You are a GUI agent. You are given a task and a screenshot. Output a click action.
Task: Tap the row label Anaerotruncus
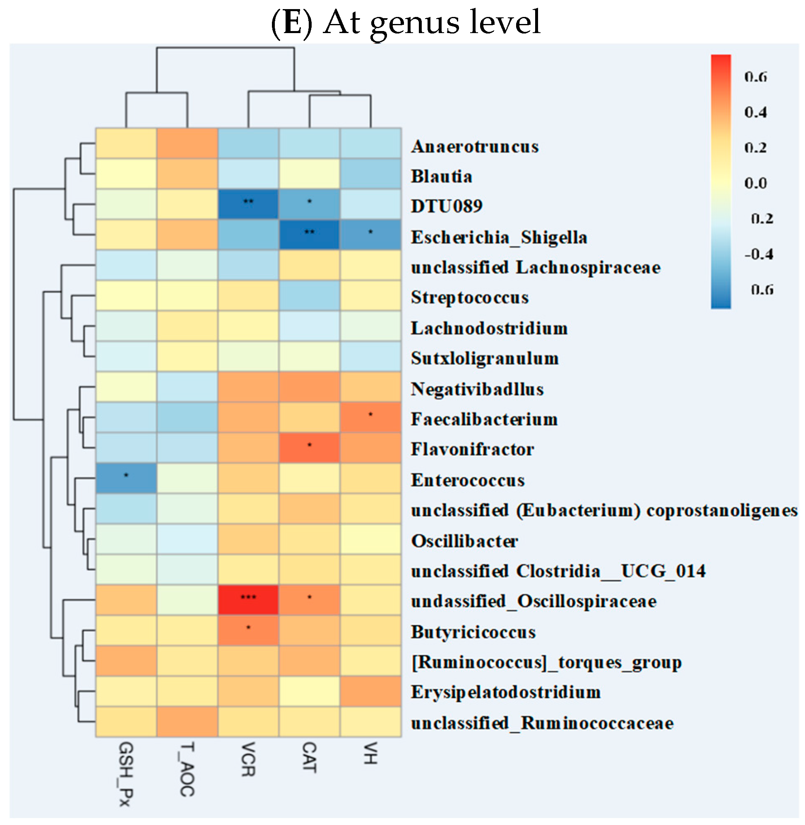pos(474,146)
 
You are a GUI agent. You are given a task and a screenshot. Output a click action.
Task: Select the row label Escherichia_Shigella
pos(499,237)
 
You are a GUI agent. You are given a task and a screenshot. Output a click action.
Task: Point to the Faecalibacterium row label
pos(484,419)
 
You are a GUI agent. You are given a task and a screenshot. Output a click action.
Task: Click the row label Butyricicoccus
pos(473,632)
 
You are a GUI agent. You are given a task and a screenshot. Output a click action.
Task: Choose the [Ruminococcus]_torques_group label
pos(546,662)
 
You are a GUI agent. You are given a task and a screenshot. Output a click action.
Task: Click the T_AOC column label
pos(187,769)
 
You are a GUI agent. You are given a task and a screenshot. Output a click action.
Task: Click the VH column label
pos(370,753)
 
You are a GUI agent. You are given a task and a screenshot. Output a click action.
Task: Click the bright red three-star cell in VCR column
pos(248,600)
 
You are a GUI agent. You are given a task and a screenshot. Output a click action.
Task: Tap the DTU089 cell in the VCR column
pos(248,204)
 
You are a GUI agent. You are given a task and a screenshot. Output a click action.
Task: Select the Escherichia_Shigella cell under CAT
pos(309,235)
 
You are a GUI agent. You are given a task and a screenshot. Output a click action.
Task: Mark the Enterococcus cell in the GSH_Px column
pos(126,478)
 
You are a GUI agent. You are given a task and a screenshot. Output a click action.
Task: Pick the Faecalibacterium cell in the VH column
pos(370,417)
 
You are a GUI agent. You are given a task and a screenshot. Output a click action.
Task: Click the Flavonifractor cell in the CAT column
pos(309,448)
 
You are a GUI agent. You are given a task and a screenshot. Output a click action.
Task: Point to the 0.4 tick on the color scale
pos(755,112)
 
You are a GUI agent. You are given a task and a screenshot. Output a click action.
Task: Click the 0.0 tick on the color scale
pos(755,183)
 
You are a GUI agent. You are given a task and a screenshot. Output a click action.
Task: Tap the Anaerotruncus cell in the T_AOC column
pos(187,143)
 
